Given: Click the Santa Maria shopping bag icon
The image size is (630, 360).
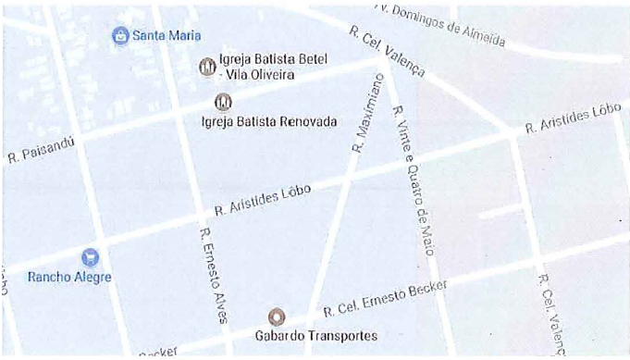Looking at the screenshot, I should point(119,36).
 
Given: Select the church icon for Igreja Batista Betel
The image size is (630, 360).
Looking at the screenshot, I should point(207,67).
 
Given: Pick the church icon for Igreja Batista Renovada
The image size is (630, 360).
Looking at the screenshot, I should point(222,102).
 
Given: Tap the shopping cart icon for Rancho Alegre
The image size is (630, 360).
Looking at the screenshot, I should point(90,256).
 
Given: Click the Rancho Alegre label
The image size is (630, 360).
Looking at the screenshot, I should point(69,277).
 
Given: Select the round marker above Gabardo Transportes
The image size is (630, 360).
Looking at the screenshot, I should point(276,317).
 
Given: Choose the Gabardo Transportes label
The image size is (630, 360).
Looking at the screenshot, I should point(315,336).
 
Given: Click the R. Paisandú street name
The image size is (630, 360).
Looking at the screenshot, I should point(40,149).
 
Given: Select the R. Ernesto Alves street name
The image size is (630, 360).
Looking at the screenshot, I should point(212,275).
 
